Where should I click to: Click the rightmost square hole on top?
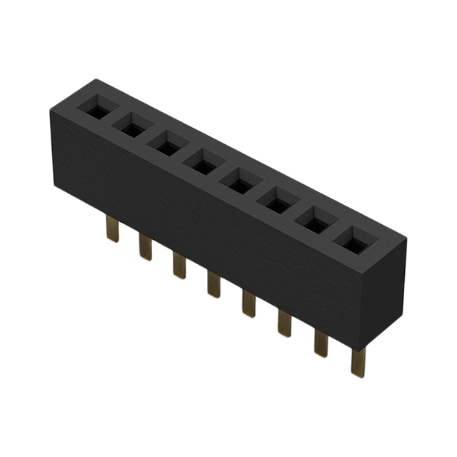point(351,243)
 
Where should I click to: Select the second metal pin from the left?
point(146,248)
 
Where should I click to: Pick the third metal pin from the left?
point(179,266)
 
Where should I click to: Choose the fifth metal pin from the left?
point(248,303)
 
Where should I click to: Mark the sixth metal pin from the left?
point(284,322)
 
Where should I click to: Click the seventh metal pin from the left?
point(321,343)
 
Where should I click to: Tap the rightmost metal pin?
point(357,362)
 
